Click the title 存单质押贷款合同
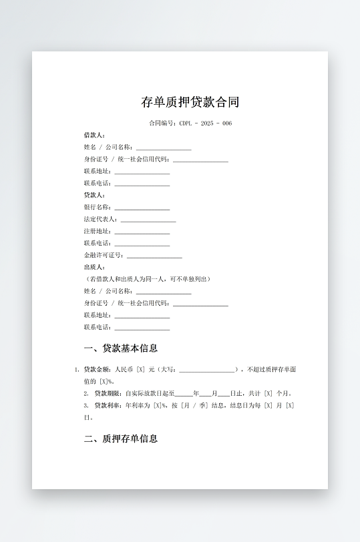click(190, 102)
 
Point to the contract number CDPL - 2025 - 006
click(205, 123)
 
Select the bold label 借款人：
click(94, 135)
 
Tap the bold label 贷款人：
click(94, 195)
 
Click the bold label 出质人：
click(94, 267)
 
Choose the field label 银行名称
click(98, 207)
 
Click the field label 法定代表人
click(100, 219)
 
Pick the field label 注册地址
click(98, 231)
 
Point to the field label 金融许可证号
click(104, 255)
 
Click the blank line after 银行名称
click(142, 208)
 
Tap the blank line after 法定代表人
click(148, 220)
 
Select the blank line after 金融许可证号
click(154, 256)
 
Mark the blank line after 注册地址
click(142, 232)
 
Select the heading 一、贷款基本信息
click(121, 348)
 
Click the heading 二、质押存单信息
click(121, 439)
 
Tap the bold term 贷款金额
click(97, 368)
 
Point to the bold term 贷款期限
click(108, 393)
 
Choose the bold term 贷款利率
click(108, 405)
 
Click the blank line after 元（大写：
click(206, 370)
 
